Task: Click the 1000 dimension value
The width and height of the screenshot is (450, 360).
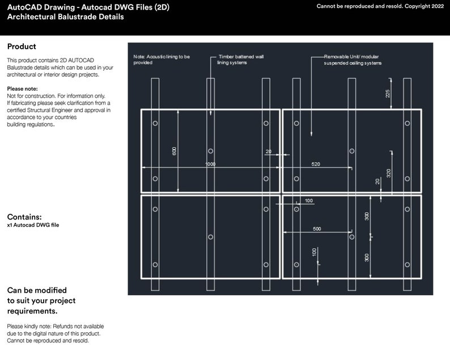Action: pos(210,164)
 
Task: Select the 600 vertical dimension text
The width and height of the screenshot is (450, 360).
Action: pos(174,151)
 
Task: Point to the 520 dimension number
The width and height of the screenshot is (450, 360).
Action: pos(316,164)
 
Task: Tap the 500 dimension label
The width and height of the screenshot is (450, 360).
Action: pos(317,228)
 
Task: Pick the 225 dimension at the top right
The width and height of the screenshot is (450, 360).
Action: pos(388,93)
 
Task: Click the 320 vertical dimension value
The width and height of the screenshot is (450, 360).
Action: pos(388,173)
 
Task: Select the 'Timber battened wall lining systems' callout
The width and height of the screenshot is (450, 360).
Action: pos(241,60)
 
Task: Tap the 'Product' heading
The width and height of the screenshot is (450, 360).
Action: pos(22,46)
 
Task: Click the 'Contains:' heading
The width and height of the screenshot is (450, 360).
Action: pos(24,217)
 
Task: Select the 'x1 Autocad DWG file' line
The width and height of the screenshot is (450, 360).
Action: pos(33,225)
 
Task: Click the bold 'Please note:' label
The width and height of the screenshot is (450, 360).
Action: pos(22,90)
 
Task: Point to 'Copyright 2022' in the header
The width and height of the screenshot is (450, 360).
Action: pos(424,6)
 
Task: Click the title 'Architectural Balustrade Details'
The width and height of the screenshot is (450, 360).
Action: pos(65,17)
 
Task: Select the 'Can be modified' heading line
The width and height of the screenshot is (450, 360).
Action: pos(37,290)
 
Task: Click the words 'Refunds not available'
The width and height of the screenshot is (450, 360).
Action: pos(75,327)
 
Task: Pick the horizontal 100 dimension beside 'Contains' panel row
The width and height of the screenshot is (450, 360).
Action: pos(308,201)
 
